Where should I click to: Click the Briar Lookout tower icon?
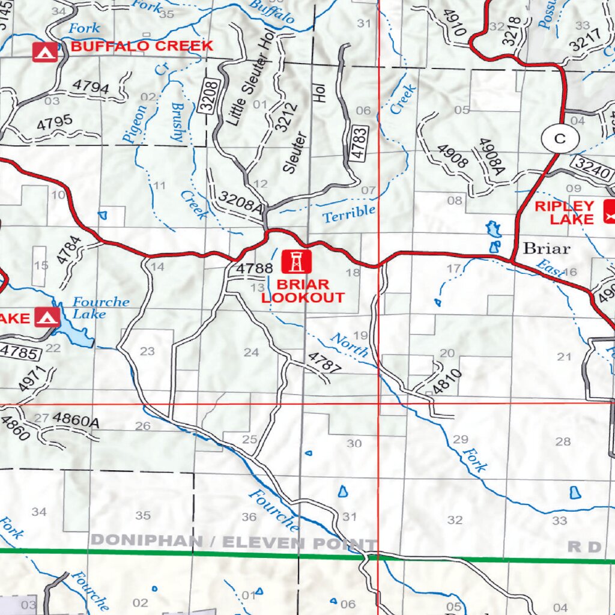[297, 262]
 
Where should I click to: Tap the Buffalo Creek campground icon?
[44, 52]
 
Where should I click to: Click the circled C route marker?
[560, 139]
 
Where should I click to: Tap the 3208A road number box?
[240, 202]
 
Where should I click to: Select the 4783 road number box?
[359, 143]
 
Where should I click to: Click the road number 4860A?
[76, 421]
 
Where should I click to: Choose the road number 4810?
[447, 383]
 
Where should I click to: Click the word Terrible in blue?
[349, 214]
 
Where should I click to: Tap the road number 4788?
[251, 268]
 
